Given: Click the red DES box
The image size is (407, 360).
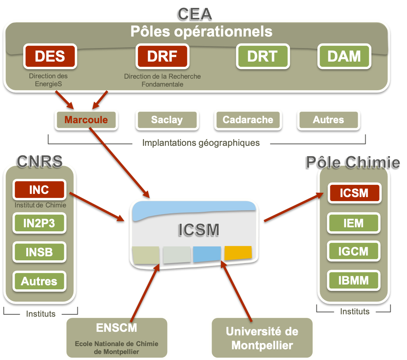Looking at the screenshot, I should pos(50,56).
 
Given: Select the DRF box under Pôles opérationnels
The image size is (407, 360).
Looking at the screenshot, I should pos(162,56).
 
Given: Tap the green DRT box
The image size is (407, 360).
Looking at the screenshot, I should pos(262,56).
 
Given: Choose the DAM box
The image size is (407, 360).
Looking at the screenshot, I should pos(344,56).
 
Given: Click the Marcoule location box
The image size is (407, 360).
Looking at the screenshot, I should pos(86,120).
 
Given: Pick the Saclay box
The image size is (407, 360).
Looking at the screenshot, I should pos(167,120).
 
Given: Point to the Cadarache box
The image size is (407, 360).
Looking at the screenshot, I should pos(248,120).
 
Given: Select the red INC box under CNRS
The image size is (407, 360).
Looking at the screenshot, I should pos(39,190).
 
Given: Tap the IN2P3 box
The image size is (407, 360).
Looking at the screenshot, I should pos(39,224).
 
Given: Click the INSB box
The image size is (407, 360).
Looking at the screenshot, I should pos(39,252).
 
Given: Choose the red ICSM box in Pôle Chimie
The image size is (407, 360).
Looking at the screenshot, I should pos(354,194).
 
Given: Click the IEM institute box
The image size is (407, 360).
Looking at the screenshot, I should pos(353,223).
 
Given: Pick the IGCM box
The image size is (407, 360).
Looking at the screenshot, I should pos(353,252).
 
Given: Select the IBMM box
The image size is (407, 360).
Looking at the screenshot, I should pos(353,281).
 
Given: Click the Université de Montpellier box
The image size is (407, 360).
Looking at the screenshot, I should pos(262,338).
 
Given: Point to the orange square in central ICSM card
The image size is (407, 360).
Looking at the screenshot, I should pos(238,253).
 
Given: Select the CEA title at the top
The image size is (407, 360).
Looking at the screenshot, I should pos(195,14).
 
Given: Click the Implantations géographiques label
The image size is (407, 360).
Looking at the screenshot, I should pos(201,143).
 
